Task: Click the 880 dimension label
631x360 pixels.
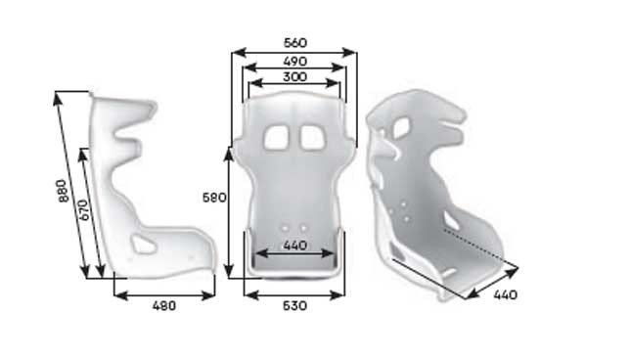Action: (x=64, y=190)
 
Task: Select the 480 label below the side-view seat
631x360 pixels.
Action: (x=163, y=306)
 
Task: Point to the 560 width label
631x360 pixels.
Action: (x=294, y=43)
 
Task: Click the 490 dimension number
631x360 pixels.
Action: (x=294, y=61)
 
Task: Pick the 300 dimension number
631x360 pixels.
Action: (x=294, y=76)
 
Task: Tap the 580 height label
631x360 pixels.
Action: (x=214, y=198)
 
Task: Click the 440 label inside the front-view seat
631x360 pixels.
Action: (x=293, y=246)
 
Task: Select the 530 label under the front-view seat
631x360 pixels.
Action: (x=293, y=306)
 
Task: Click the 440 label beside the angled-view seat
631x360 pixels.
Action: (x=505, y=294)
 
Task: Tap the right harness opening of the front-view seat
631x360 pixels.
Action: (x=312, y=137)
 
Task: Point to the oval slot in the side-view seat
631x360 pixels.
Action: (x=144, y=244)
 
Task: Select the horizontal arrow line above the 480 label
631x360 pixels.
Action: (x=163, y=294)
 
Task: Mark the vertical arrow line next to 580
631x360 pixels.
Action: (x=230, y=211)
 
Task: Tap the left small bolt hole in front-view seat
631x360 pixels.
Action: (x=285, y=228)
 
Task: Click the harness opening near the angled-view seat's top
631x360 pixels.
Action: (x=402, y=127)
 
